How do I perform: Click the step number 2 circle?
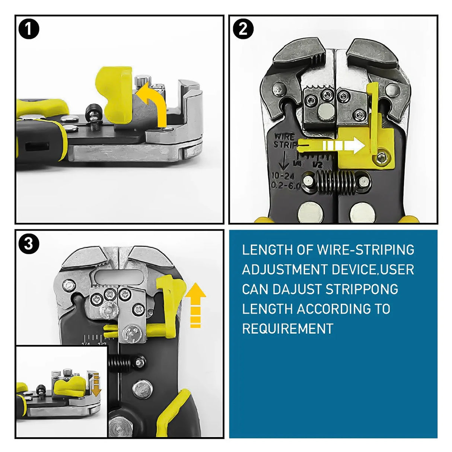pyautogui.click(x=243, y=29)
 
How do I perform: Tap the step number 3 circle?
pyautogui.click(x=29, y=244)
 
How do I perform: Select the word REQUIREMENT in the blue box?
pyautogui.click(x=287, y=329)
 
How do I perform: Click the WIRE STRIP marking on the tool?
pyautogui.click(x=285, y=140)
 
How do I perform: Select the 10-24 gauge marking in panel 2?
pyautogui.click(x=283, y=176)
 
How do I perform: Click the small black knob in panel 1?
pyautogui.click(x=91, y=114)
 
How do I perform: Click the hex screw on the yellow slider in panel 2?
pyautogui.click(x=381, y=159)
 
